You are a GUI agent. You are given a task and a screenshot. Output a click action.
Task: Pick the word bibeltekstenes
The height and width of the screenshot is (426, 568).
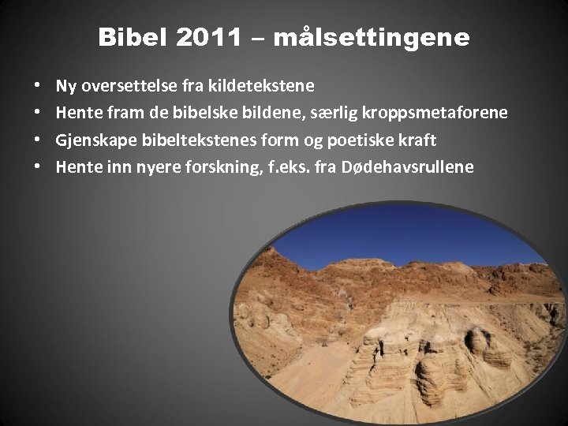click(x=184, y=140)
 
